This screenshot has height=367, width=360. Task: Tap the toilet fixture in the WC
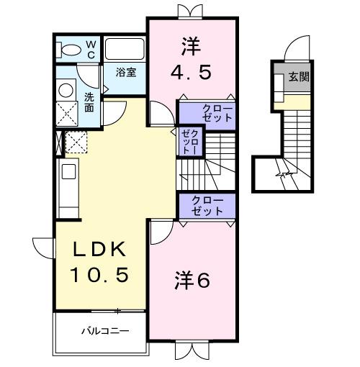pos(71,50)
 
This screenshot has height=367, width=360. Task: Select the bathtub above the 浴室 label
pos(125,50)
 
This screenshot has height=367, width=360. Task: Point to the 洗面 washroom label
pos(89,101)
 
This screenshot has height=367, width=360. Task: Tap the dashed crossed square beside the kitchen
pos(76,142)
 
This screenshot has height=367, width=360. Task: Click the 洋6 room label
pos(192,281)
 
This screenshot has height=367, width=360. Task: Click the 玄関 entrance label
pos(300,77)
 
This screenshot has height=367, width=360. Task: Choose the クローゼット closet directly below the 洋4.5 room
pos(208,113)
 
